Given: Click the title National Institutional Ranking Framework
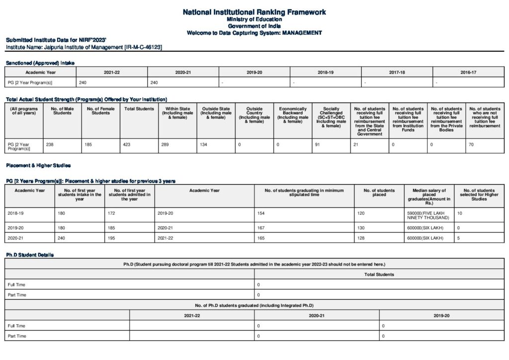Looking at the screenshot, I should pyautogui.click(x=254, y=11).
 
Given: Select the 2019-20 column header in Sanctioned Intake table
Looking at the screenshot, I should pyautogui.click(x=254, y=72).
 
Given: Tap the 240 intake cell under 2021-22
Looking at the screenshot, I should pyautogui.click(x=83, y=82).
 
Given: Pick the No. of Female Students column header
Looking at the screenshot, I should pyautogui.click(x=100, y=111).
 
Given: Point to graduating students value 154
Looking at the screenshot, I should pyautogui.click(x=261, y=213).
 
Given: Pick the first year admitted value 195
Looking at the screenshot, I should pyautogui.click(x=112, y=238).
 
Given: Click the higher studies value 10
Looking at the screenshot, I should pyautogui.click(x=459, y=213).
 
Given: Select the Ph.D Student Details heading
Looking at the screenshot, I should pyautogui.click(x=29, y=255).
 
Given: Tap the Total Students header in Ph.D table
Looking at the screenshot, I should pyautogui.click(x=379, y=274).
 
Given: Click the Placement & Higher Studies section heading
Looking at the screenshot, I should pyautogui.click(x=38, y=165).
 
